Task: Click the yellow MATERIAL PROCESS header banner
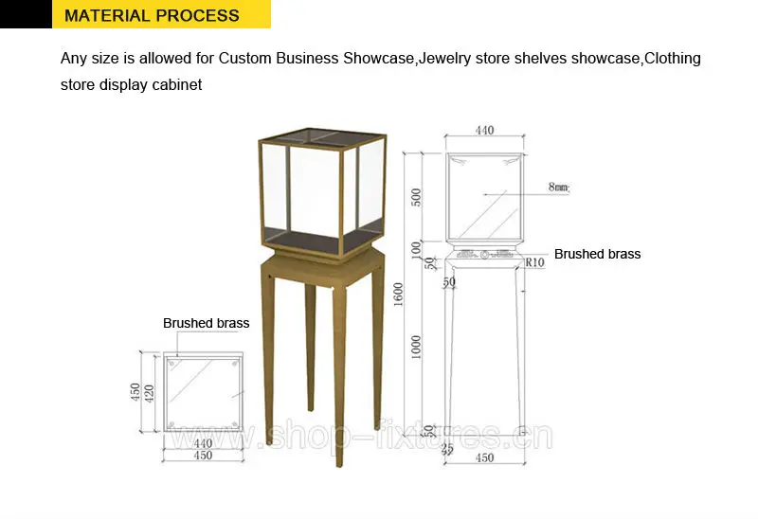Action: pos(152,16)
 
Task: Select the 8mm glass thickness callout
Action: pos(558,188)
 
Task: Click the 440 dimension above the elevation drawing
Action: pos(484,131)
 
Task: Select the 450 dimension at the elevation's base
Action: pos(484,459)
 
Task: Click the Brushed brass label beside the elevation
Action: pos(597,254)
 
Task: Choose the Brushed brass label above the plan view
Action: pos(206,323)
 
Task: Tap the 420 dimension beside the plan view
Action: pos(148,392)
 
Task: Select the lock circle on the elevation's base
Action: pos(484,255)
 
